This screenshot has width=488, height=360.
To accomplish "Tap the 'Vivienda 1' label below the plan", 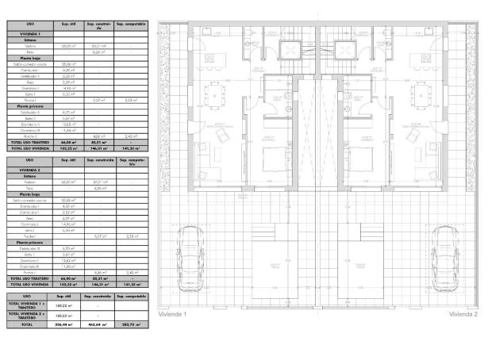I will pos(172,315).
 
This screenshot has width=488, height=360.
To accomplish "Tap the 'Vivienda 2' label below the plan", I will pos(463,315).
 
